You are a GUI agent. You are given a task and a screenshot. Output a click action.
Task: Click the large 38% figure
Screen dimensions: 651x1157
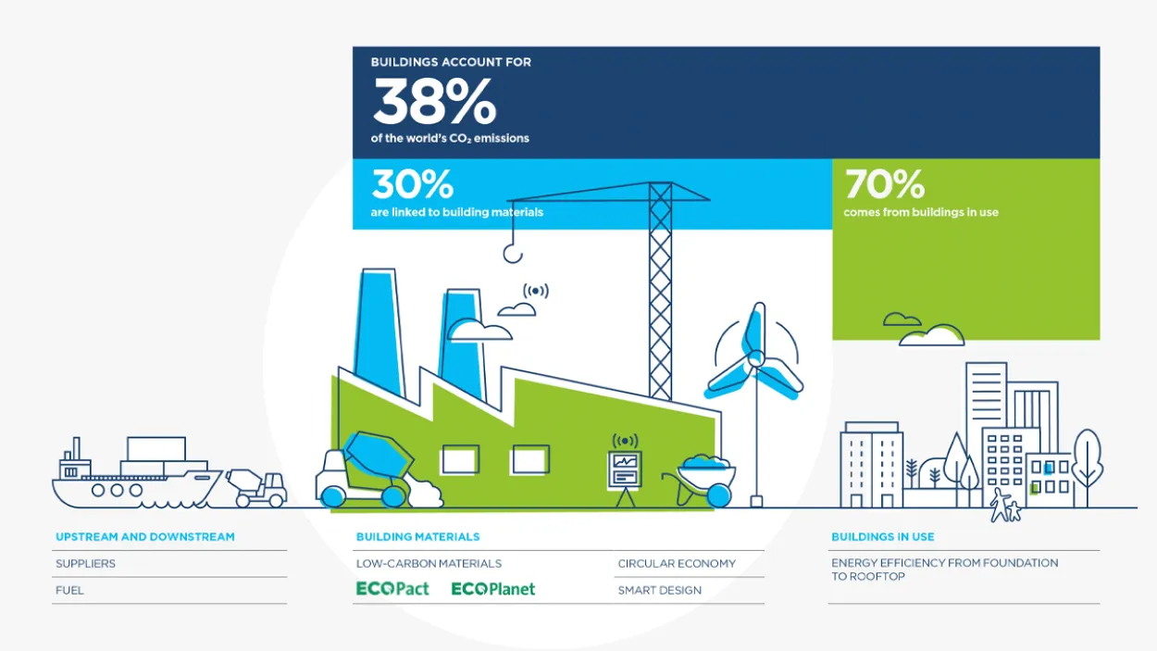tap(434, 102)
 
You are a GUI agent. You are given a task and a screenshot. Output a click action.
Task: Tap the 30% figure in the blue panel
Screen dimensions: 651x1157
tap(412, 184)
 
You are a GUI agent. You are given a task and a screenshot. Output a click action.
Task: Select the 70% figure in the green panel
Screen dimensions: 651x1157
tap(884, 184)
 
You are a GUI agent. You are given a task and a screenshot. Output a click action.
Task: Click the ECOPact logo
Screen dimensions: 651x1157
tap(392, 589)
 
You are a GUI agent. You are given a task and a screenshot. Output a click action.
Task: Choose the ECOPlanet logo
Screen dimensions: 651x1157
tap(492, 589)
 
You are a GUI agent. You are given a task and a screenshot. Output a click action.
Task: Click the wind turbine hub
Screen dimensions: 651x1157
tap(755, 357)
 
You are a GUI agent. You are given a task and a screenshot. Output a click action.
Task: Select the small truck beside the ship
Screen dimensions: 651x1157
tap(256, 487)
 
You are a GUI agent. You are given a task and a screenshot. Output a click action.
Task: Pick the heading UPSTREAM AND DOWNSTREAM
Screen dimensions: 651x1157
tap(145, 537)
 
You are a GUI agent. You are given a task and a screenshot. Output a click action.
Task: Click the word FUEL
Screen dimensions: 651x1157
tap(69, 590)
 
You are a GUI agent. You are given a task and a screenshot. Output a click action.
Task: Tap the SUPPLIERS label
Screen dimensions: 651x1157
tap(85, 563)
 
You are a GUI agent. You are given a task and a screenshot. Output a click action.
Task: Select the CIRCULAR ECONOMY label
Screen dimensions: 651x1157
tap(677, 563)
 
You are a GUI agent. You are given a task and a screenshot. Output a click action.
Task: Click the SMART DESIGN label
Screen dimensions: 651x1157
tap(659, 590)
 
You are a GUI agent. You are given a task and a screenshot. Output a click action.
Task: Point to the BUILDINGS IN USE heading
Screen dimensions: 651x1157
tap(882, 537)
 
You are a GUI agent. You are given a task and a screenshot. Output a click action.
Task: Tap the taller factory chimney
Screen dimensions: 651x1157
tap(379, 333)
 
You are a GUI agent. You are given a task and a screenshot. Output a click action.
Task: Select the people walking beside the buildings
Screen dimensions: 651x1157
tap(1005, 507)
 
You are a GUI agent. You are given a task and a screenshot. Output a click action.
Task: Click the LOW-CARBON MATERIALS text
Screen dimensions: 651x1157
tap(429, 563)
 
